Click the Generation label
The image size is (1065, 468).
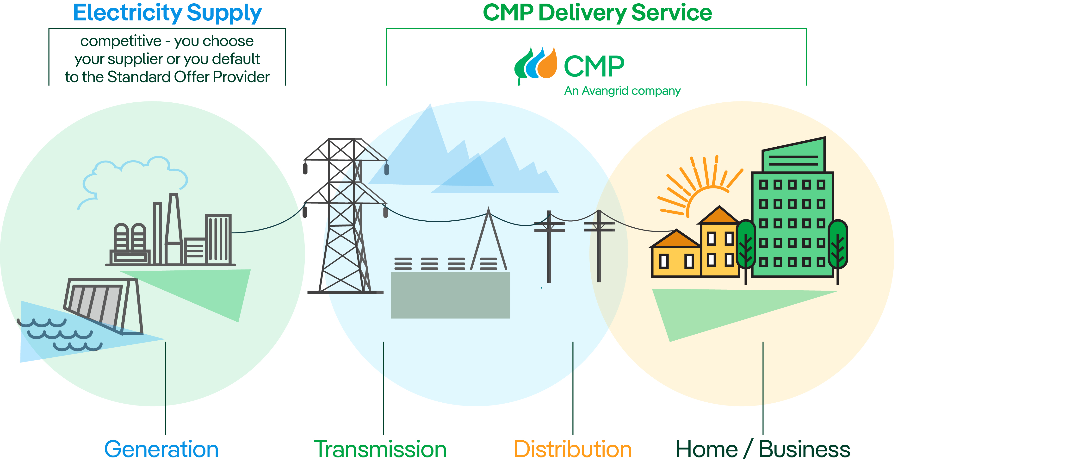(x=161, y=449)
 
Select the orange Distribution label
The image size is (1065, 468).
(x=573, y=449)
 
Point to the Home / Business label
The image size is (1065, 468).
(x=763, y=449)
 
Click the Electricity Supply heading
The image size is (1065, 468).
(x=167, y=13)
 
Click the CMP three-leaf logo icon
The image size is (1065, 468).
(x=535, y=64)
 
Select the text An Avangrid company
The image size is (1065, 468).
(x=622, y=91)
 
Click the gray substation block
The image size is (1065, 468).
(x=450, y=295)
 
